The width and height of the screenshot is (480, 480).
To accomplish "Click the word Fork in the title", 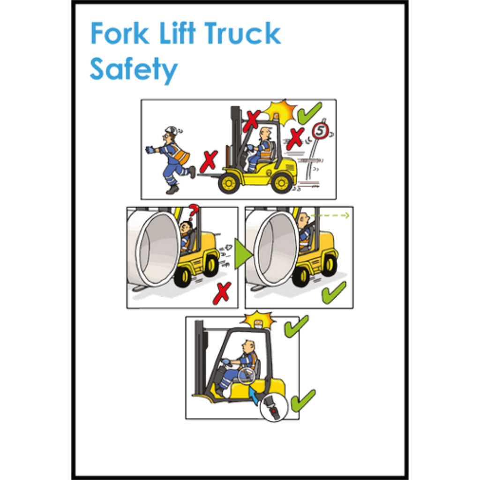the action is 120,33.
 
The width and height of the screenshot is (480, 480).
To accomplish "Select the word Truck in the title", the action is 242,33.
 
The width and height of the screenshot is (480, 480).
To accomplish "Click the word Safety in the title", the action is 134,69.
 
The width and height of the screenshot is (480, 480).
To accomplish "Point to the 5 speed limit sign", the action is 320,131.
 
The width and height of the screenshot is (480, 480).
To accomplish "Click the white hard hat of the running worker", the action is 171,130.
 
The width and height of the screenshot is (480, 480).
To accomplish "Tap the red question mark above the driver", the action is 193,212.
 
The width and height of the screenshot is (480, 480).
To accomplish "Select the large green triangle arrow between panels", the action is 243,254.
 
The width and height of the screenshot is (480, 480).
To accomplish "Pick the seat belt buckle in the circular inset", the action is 274,407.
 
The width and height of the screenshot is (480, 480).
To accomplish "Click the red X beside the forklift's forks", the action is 209,161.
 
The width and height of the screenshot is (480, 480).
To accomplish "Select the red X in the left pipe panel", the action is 223,293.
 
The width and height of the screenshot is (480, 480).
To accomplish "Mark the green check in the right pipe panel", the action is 334,292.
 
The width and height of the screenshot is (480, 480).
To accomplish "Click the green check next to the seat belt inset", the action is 303,401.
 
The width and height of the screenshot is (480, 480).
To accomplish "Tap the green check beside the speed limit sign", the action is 309,113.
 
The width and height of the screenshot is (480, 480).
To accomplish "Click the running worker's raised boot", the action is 192,172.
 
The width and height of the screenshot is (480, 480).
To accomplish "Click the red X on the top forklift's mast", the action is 252,121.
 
